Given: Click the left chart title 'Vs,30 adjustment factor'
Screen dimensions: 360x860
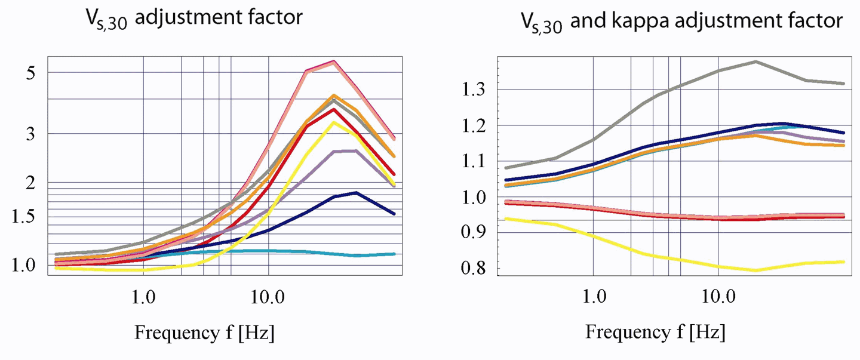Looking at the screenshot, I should (x=195, y=19).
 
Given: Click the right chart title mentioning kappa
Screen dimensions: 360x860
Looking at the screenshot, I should (x=681, y=22).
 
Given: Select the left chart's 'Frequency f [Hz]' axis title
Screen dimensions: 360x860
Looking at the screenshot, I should (x=204, y=332).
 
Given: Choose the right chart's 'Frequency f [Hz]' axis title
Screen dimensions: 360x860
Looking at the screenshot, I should (x=655, y=332).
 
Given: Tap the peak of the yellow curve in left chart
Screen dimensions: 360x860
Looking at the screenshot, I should (x=334, y=122).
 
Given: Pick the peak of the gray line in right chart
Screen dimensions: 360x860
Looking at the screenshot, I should (x=756, y=61).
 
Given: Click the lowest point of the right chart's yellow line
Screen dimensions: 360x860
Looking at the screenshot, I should (x=756, y=270).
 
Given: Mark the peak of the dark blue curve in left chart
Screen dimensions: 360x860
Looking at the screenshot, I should (x=356, y=192).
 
